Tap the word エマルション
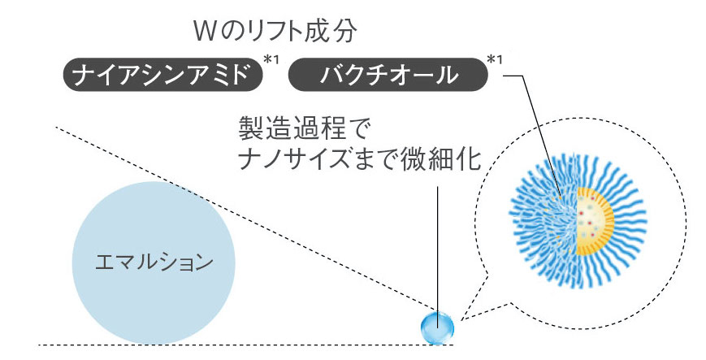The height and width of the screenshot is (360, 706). click(x=154, y=263)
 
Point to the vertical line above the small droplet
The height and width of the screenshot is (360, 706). click(x=439, y=244)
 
